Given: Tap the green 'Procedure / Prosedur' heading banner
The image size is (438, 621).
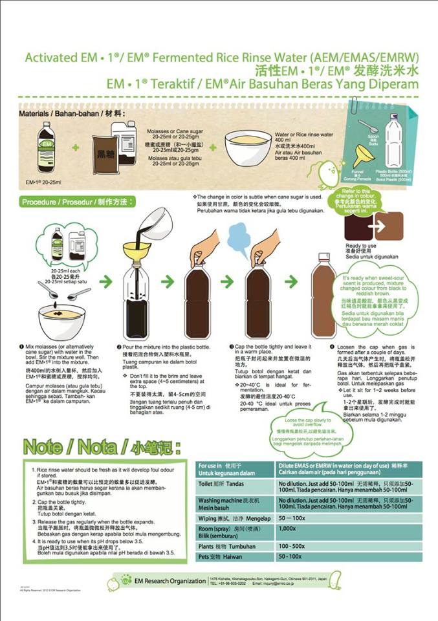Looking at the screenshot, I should coord(77,202).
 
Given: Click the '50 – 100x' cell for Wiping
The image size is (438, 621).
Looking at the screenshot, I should coord(292,518).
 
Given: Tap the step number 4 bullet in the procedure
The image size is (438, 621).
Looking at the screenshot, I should coord(331,347).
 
